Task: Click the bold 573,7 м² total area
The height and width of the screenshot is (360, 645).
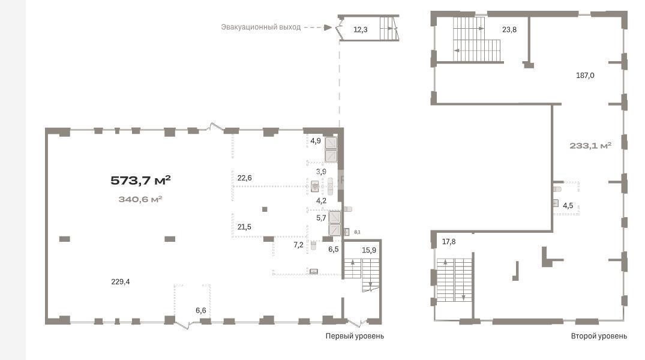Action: pyautogui.click(x=140, y=180)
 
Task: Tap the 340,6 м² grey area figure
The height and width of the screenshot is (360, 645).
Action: pyautogui.click(x=140, y=200)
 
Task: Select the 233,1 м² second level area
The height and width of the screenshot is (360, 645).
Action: pyautogui.click(x=590, y=146)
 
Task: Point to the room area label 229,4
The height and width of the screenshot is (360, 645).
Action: pyautogui.click(x=121, y=282)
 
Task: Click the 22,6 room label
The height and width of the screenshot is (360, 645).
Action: pyautogui.click(x=244, y=178)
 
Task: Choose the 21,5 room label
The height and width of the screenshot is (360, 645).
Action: pyautogui.click(x=244, y=227)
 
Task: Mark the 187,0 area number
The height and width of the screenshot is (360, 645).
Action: pyautogui.click(x=585, y=75)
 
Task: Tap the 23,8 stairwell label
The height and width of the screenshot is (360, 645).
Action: pyautogui.click(x=509, y=29)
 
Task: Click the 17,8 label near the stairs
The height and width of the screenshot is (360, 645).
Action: pyautogui.click(x=449, y=242)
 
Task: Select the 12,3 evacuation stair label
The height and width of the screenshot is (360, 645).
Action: pyautogui.click(x=361, y=29)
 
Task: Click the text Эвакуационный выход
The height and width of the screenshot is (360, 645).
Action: pyautogui.click(x=261, y=27)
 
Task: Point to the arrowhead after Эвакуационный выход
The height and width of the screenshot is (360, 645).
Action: pyautogui.click(x=328, y=28)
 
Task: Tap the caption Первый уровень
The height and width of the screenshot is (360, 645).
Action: pyautogui.click(x=355, y=336)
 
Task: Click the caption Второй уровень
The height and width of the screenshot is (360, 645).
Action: pyautogui.click(x=599, y=336)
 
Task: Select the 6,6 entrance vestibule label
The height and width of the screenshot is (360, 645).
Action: pyautogui.click(x=201, y=311)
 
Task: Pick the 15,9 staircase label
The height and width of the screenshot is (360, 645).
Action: pyautogui.click(x=369, y=250)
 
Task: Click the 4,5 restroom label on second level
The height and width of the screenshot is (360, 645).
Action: pyautogui.click(x=568, y=206)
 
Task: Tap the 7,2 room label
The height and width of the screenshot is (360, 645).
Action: pyautogui.click(x=298, y=245)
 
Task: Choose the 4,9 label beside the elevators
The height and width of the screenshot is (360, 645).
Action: pyautogui.click(x=316, y=141)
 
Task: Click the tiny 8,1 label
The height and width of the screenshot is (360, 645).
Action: pyautogui.click(x=357, y=232)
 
